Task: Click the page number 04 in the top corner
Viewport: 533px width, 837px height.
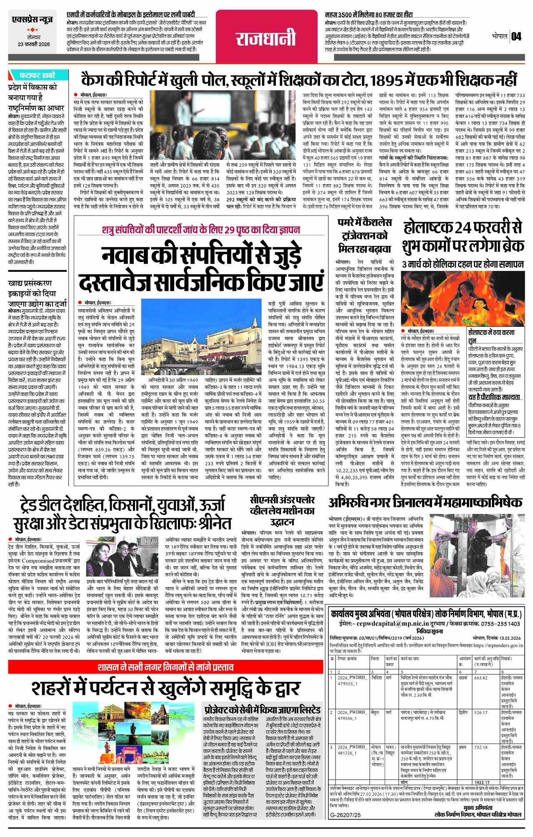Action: coord(516,36)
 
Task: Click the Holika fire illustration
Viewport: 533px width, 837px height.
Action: coord(462,299)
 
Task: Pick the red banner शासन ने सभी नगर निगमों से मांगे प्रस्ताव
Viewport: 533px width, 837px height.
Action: coord(165,667)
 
